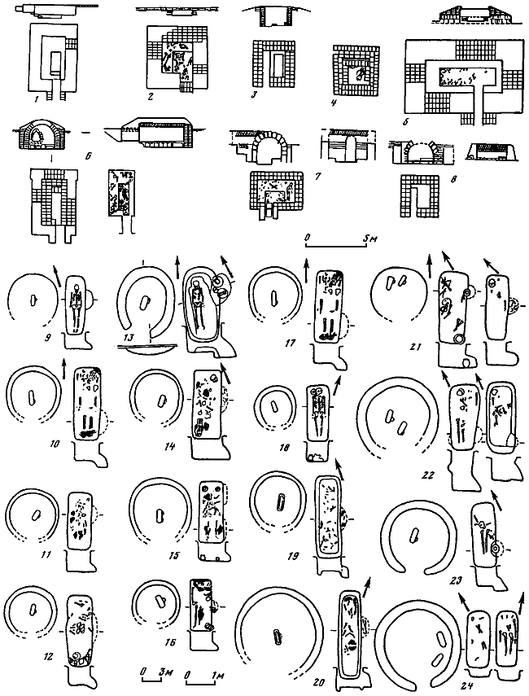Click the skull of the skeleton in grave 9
(x=75, y=287)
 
